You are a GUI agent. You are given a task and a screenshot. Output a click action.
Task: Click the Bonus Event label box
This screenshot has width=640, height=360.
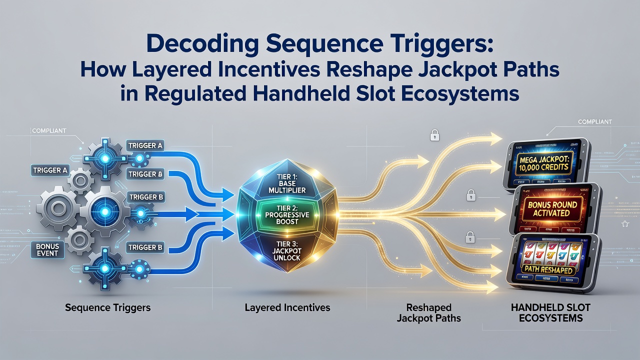point(47,249)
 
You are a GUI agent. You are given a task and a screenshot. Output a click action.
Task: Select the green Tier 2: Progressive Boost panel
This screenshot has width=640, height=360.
point(287,214)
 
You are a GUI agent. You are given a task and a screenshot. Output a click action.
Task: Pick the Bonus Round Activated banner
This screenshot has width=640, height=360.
point(552,208)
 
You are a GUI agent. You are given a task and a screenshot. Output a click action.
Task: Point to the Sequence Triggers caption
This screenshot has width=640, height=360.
point(107,307)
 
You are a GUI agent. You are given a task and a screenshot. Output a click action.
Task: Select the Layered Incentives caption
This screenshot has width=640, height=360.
point(287,307)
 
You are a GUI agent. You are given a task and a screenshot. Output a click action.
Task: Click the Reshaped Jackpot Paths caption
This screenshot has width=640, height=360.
point(429,313)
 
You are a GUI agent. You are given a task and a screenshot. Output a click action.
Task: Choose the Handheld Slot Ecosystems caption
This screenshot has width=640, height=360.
point(550,313)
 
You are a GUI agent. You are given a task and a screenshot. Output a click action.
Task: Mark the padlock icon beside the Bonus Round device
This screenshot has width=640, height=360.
point(471,195)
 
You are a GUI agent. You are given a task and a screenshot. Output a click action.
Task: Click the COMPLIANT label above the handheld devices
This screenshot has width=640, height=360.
point(595,121)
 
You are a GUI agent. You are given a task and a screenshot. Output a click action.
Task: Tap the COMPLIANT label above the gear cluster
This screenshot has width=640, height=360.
point(49,131)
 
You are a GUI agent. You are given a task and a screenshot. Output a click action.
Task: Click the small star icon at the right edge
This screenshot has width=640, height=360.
point(625,224)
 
